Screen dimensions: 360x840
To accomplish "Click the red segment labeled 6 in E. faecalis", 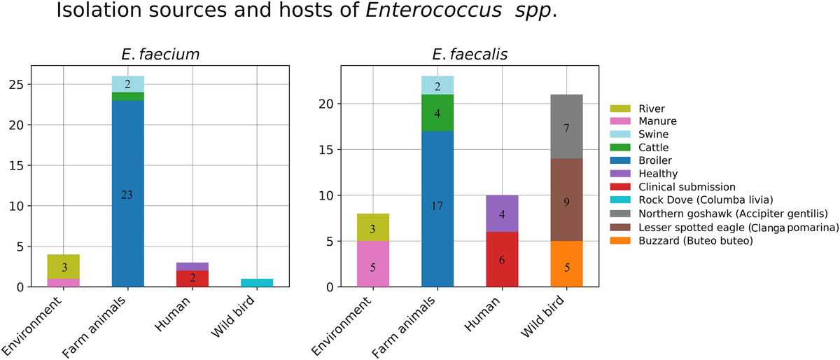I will click(502, 259).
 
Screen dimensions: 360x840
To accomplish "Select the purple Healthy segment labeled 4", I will click(502, 214).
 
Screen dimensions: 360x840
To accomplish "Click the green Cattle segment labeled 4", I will click(437, 113).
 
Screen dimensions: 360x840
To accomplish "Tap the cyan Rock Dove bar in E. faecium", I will click(257, 283).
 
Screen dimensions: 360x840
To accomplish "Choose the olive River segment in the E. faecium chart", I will click(63, 267).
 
